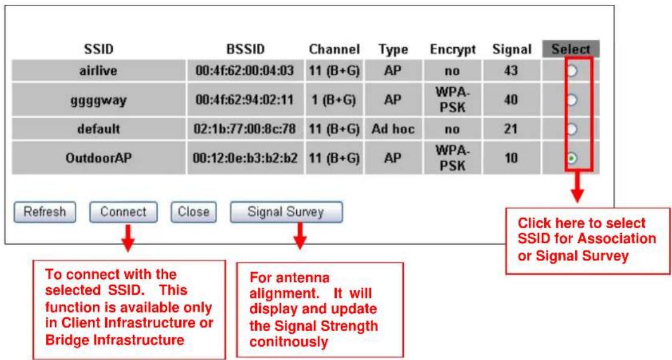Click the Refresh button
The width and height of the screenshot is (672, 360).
tap(45, 212)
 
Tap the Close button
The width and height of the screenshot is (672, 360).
tap(194, 212)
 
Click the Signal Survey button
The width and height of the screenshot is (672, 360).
tap(286, 212)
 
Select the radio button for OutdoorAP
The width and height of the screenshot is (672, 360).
tap(572, 158)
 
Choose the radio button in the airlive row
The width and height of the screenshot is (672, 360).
tap(572, 70)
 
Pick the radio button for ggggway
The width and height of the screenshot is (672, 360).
tap(572, 100)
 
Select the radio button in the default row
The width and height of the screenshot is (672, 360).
tap(572, 129)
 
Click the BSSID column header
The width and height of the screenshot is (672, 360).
tap(245, 50)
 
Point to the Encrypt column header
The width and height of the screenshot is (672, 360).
tap(453, 50)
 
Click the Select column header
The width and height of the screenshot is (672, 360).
tap(570, 49)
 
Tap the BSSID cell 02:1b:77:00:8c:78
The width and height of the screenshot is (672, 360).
tap(245, 129)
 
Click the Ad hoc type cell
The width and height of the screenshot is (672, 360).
tap(393, 129)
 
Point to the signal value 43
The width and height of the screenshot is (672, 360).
tap(511, 70)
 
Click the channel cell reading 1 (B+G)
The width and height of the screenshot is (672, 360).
tap(333, 100)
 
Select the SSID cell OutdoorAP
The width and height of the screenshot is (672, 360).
tap(99, 158)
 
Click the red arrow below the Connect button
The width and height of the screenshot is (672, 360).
tap(127, 237)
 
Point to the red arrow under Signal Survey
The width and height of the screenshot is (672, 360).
tap(300, 236)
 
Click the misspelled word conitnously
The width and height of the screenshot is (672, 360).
tap(289, 342)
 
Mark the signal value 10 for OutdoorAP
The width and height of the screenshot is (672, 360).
tap(511, 158)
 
